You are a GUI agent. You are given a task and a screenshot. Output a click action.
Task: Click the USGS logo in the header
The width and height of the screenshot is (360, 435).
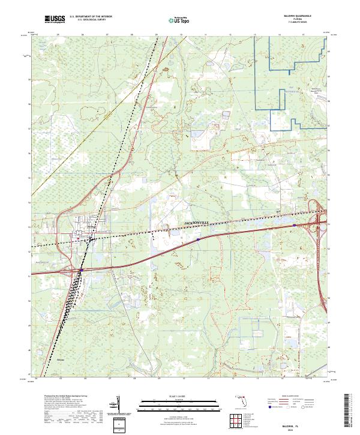pyautogui.click(x=55, y=19)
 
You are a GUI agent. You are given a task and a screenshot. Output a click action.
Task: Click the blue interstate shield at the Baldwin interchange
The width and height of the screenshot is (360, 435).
pyautogui.click(x=80, y=271)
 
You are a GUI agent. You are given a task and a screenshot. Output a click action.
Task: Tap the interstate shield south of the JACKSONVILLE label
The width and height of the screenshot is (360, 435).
pyautogui.click(x=198, y=239)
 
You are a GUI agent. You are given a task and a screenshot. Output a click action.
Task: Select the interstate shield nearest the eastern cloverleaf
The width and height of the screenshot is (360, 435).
pyautogui.click(x=294, y=226)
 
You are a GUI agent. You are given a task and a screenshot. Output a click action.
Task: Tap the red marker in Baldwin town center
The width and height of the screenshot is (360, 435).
pyautogui.click(x=78, y=239)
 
